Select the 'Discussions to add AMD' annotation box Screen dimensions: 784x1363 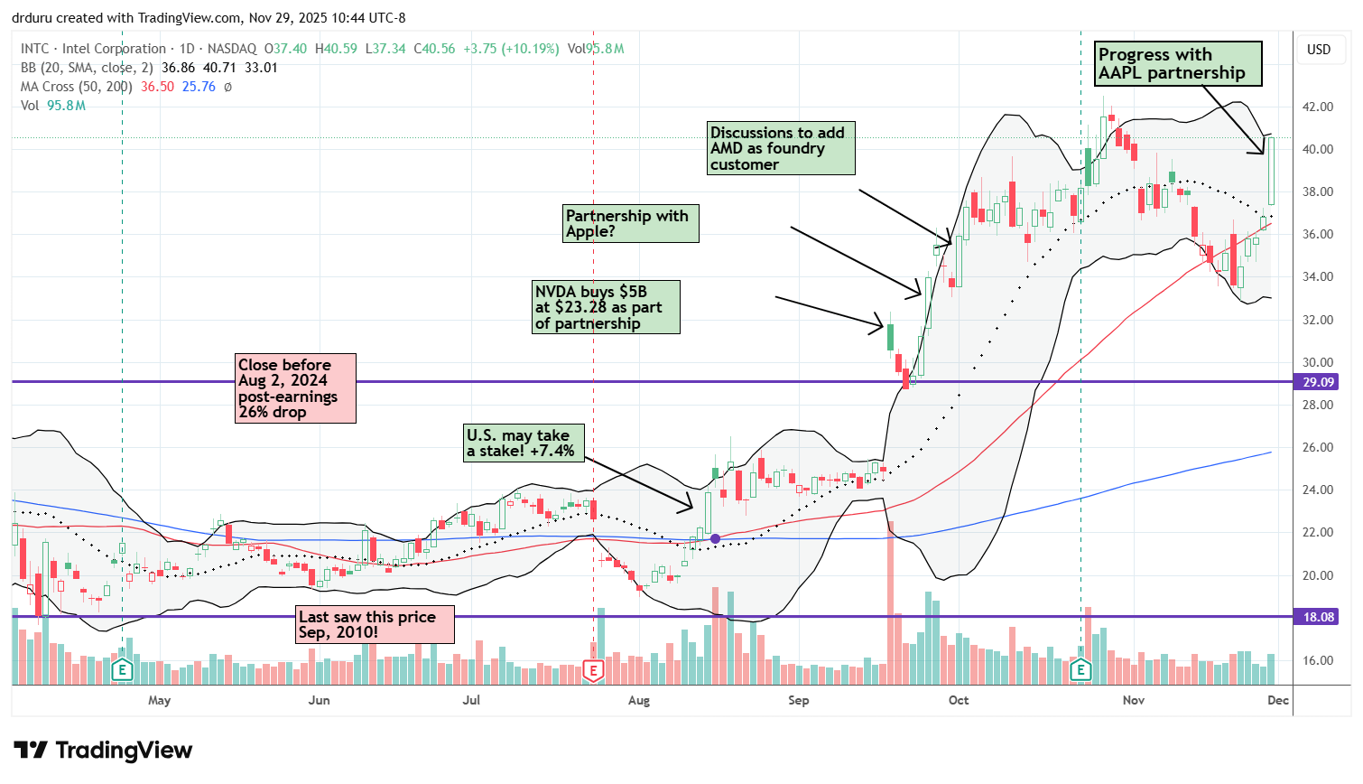click(x=781, y=148)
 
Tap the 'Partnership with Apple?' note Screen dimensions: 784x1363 click(x=630, y=223)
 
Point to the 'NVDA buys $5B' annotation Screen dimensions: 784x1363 click(x=605, y=307)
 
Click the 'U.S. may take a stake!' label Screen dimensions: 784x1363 click(x=523, y=443)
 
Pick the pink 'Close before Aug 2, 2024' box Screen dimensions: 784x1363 click(x=295, y=388)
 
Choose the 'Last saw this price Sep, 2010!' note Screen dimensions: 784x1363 click(x=375, y=624)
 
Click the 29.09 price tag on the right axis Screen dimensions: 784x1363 click(x=1318, y=382)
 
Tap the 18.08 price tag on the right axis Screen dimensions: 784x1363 click(x=1318, y=617)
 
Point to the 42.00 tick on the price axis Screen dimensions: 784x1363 click(x=1318, y=107)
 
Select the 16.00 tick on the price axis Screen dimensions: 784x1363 click(x=1318, y=660)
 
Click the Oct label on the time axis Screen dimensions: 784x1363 click(x=959, y=700)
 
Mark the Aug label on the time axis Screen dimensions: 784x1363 click(x=639, y=700)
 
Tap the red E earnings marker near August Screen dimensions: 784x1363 click(x=593, y=670)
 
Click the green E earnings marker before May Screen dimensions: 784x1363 click(x=121, y=670)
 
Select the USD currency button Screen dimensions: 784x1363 click(x=1319, y=50)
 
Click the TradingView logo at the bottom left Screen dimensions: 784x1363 click(x=103, y=751)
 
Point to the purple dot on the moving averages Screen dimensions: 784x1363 click(x=716, y=538)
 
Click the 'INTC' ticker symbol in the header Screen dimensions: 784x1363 click(x=35, y=49)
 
